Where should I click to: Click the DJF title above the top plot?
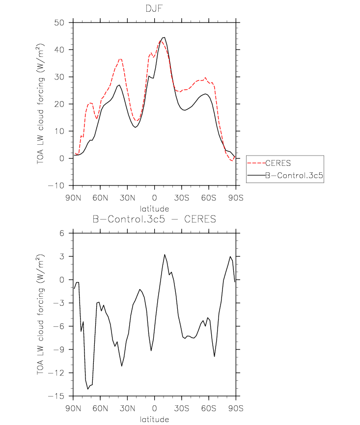pyautogui.click(x=154, y=8)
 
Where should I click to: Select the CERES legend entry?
pyautogui.click(x=278, y=163)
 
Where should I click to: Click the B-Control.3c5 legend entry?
pyautogui.click(x=294, y=175)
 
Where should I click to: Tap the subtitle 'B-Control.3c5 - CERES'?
pyautogui.click(x=154, y=219)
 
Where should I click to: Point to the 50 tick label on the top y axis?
pyautogui.click(x=59, y=23)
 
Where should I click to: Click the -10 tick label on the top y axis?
pyautogui.click(x=56, y=186)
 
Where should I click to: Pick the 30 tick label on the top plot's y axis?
pyautogui.click(x=59, y=77)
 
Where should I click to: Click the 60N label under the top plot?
pyautogui.click(x=100, y=198)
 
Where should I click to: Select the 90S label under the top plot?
pyautogui.click(x=236, y=198)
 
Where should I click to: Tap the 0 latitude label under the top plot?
pyautogui.click(x=154, y=198)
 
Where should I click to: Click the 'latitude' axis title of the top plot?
pyautogui.click(x=154, y=209)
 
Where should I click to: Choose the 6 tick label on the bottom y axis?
pyautogui.click(x=62, y=233)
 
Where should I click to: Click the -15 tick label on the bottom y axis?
pyautogui.click(x=56, y=396)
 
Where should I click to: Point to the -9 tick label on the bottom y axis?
pyautogui.click(x=59, y=349)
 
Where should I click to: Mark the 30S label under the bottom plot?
pyautogui.click(x=182, y=408)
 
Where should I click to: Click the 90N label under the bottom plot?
pyautogui.click(x=73, y=408)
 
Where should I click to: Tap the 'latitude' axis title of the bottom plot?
pyautogui.click(x=154, y=419)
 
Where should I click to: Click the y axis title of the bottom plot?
pyautogui.click(x=40, y=315)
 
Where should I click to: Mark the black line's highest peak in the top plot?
pyautogui.click(x=164, y=37)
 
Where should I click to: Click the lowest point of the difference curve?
pyautogui.click(x=87, y=389)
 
